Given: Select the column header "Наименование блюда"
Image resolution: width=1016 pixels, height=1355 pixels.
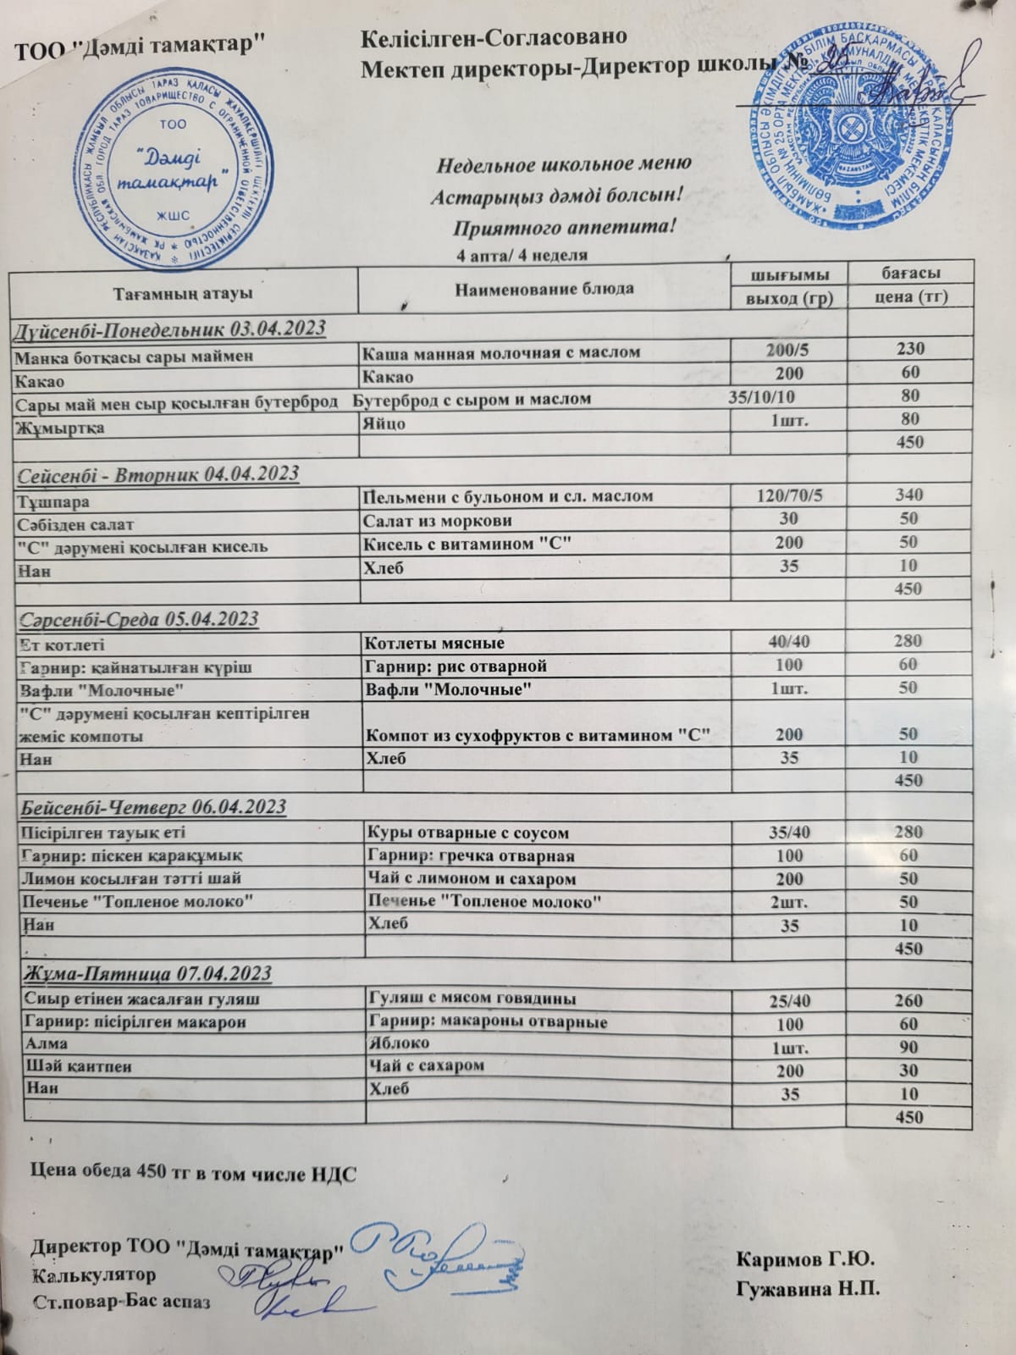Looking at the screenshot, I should click(x=544, y=289).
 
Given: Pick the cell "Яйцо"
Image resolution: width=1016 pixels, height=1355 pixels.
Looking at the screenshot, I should click(x=383, y=423).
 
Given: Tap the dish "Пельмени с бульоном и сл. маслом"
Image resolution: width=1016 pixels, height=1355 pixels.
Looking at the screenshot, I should click(x=507, y=495).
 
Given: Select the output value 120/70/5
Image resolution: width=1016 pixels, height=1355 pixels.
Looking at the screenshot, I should click(x=789, y=495).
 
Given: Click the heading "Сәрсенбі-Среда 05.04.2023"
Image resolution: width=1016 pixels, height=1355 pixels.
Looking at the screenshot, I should click(x=138, y=619).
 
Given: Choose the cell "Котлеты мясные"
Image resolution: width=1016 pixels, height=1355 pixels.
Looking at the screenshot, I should click(x=433, y=644).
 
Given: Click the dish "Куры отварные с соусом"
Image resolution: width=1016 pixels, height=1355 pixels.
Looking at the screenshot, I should click(x=466, y=833).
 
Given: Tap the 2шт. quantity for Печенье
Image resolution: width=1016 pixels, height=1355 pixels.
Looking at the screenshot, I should click(x=789, y=903).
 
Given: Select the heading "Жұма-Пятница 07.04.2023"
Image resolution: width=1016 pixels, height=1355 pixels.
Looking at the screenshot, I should click(x=145, y=974).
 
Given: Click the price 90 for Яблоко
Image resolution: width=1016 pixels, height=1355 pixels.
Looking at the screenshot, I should click(x=909, y=1048).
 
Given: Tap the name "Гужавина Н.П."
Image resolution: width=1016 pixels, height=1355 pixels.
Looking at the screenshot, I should click(x=809, y=1290).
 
